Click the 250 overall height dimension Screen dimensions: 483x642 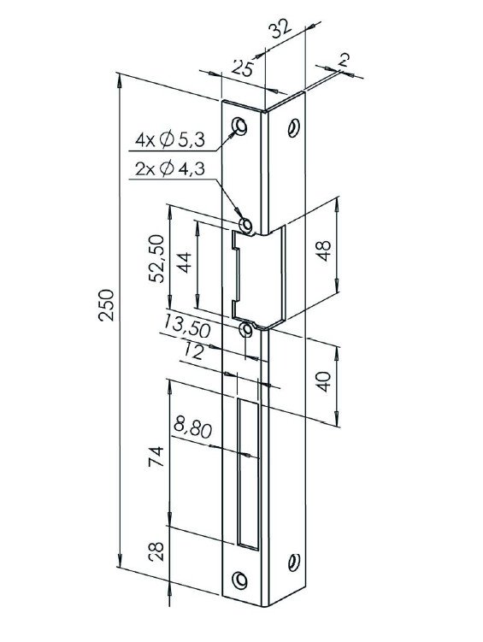pyautogui.click(x=106, y=304)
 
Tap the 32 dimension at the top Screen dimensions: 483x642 pyautogui.click(x=280, y=29)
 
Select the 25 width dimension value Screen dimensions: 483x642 pyautogui.click(x=243, y=68)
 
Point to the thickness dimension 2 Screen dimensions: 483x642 pyautogui.click(x=343, y=61)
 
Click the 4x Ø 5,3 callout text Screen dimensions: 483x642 pyautogui.click(x=170, y=140)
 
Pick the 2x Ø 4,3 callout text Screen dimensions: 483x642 pyautogui.click(x=170, y=168)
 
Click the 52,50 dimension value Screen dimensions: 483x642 pyautogui.click(x=157, y=258)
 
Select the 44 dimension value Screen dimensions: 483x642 pyautogui.click(x=184, y=263)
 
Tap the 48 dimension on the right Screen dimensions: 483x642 pyautogui.click(x=323, y=250)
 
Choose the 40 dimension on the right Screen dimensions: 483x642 pyautogui.click(x=323, y=381)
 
